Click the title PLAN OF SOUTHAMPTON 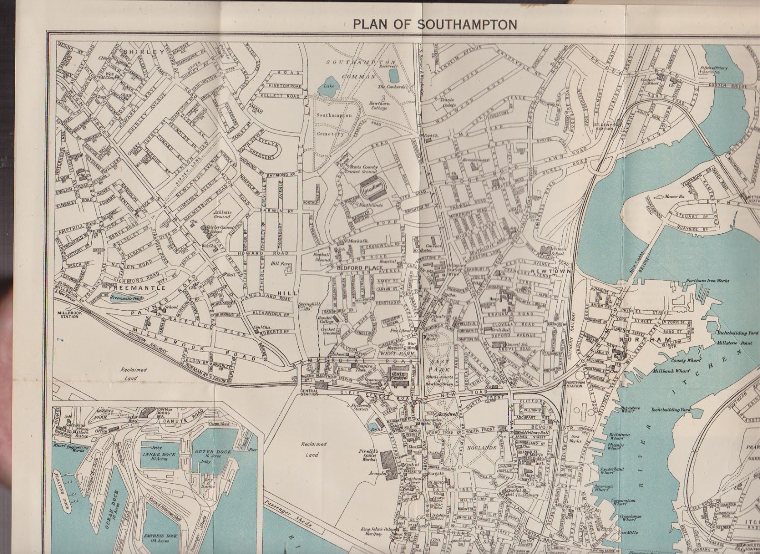[x=435, y=24]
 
